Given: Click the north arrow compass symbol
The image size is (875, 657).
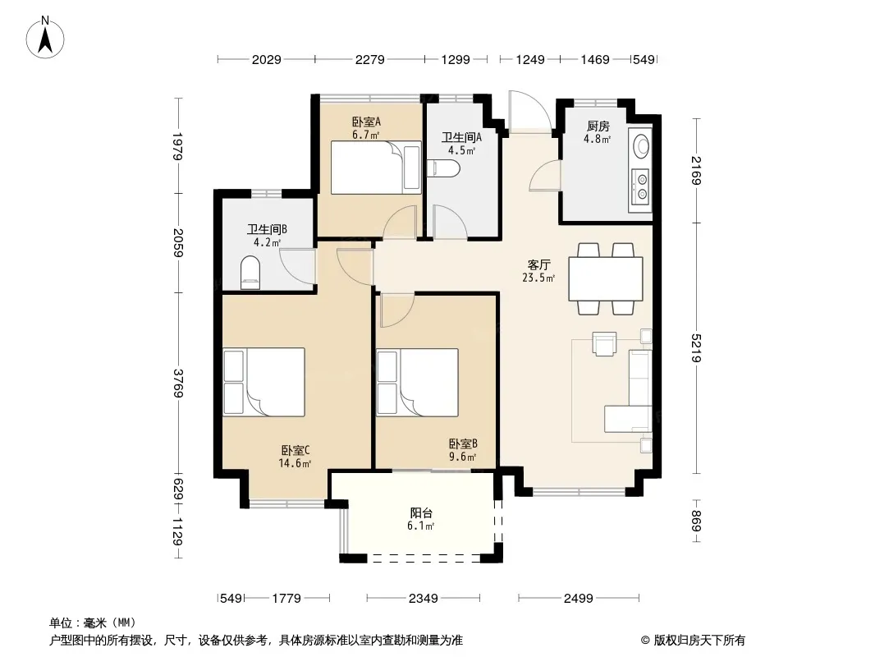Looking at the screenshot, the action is [45, 38].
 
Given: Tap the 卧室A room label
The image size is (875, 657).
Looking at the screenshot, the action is [366, 122].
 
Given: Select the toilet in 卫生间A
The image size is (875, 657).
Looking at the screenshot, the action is [443, 169].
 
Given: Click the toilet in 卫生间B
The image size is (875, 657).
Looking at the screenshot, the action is [250, 273].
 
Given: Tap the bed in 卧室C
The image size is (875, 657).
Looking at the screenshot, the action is [264, 383].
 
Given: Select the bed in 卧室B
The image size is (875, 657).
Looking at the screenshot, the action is [418, 383].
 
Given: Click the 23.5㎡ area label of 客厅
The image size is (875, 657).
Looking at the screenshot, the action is [538, 278].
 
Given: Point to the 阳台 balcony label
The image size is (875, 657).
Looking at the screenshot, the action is [421, 512].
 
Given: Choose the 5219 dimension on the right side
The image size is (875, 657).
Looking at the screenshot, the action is [696, 348].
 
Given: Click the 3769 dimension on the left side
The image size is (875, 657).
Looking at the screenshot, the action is [178, 384].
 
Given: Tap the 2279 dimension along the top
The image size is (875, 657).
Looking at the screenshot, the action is [370, 59].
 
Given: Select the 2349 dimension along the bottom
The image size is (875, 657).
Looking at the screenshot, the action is [423, 599].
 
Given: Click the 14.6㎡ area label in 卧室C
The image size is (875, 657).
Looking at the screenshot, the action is [295, 462].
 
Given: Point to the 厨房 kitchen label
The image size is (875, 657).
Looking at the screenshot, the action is [598, 126].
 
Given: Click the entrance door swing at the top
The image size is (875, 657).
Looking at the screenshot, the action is [530, 112].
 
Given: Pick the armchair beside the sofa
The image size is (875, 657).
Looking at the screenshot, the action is [604, 343].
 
